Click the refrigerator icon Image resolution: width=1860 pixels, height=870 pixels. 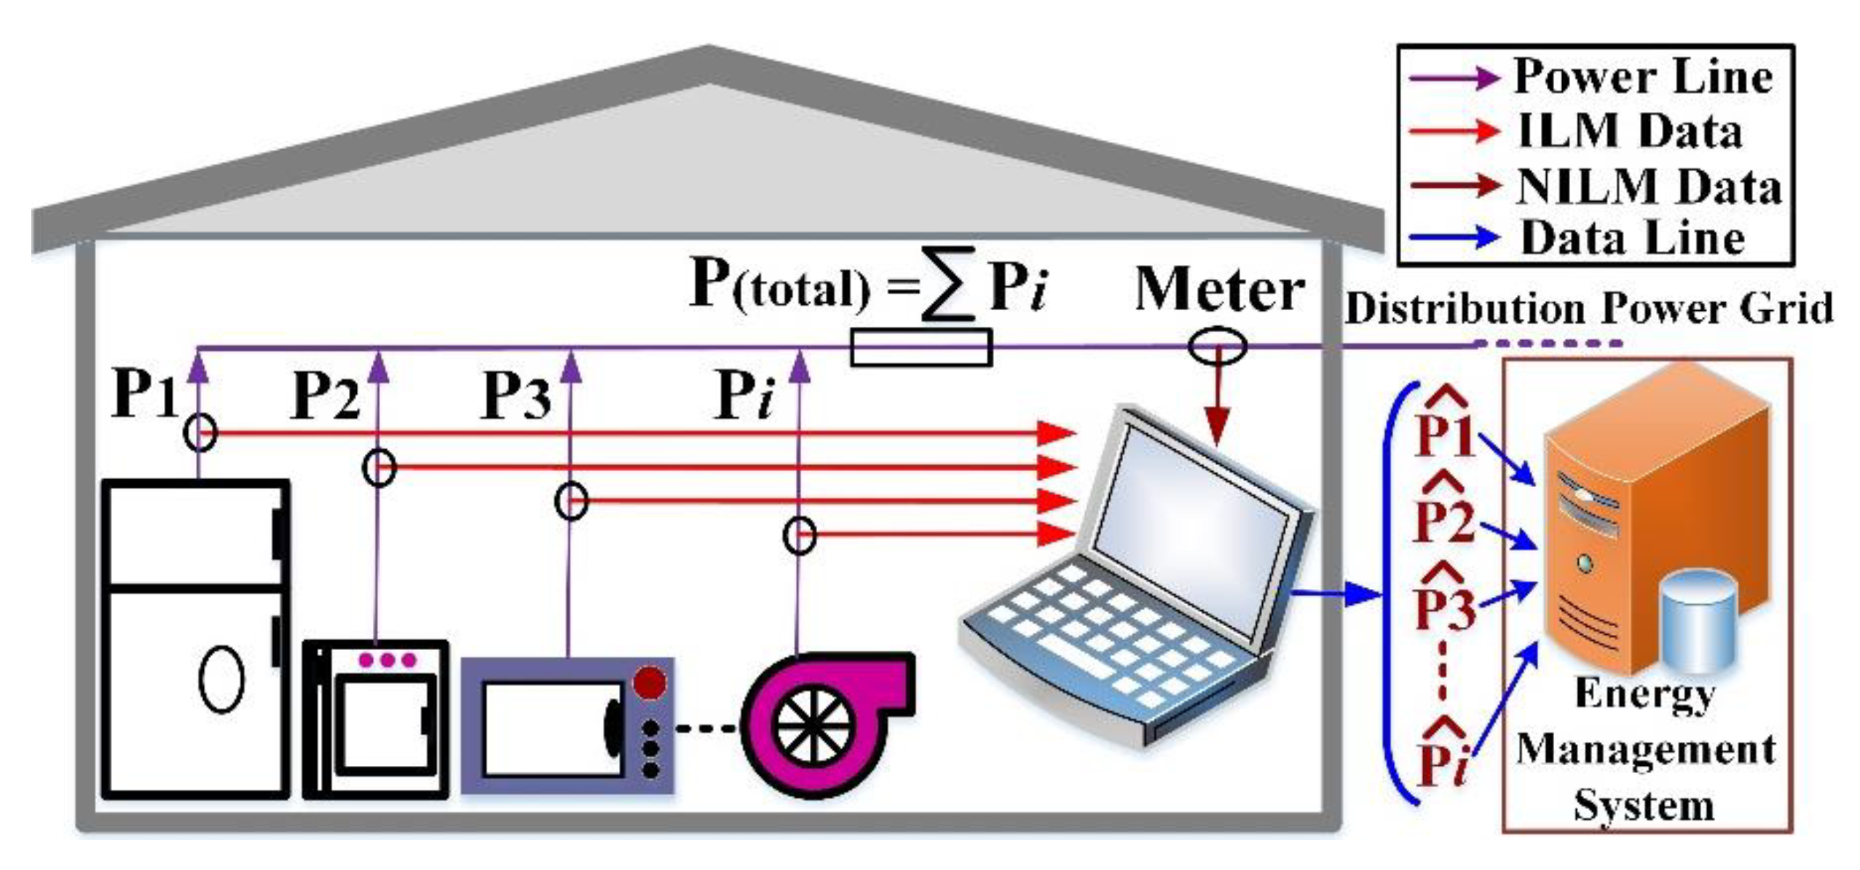[195, 638]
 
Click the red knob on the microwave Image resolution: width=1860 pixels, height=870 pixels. [649, 684]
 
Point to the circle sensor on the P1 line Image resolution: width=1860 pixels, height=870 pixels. [200, 433]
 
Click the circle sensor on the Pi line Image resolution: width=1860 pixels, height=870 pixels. [799, 537]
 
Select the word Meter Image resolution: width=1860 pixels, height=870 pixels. [1219, 290]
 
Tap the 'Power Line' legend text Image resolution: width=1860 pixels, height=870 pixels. [1643, 77]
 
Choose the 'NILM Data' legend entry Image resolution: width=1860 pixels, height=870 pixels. [1649, 186]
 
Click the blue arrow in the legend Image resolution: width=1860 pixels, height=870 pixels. [1454, 237]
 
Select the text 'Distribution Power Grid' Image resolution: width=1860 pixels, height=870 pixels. [1588, 308]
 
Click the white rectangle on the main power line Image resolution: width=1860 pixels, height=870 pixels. [921, 347]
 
